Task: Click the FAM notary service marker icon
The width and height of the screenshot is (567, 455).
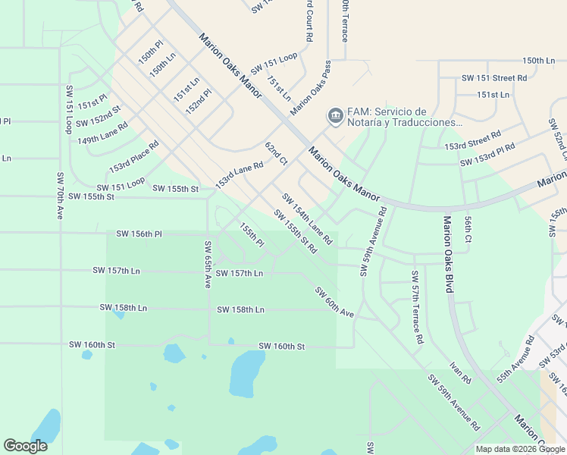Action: [334, 115]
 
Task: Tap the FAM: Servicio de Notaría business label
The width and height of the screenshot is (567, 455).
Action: [405, 116]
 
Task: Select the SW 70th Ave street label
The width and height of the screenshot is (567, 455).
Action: [60, 196]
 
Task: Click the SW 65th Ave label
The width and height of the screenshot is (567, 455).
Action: [207, 264]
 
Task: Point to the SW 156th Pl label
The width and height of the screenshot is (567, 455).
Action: [139, 234]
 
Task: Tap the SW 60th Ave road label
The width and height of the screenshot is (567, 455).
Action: [334, 303]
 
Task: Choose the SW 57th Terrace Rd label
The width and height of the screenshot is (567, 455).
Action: [416, 307]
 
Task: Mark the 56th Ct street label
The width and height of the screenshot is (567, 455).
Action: [468, 228]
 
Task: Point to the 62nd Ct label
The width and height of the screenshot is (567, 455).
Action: [276, 152]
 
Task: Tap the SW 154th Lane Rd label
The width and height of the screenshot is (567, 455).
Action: [307, 218]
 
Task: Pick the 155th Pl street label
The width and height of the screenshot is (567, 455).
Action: [251, 234]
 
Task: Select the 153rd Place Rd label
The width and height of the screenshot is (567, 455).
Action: [133, 156]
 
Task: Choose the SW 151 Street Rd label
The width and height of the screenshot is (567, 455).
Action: [494, 78]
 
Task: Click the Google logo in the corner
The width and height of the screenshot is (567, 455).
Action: [25, 446]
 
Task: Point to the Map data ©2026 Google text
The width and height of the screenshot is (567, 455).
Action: [519, 449]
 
